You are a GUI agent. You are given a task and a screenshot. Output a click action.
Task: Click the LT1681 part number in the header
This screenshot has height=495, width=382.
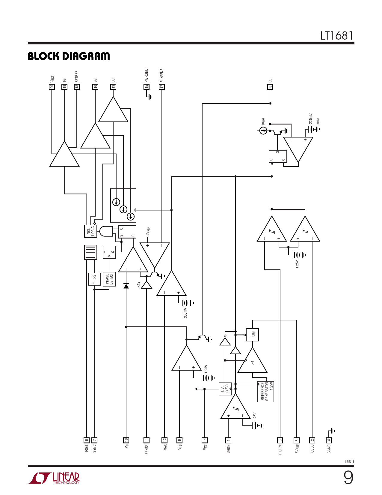[x=337, y=36]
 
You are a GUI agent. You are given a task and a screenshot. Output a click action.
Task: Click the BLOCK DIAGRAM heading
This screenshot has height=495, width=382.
[x=69, y=56]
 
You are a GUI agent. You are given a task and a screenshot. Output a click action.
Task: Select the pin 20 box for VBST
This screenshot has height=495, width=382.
[x=52, y=87]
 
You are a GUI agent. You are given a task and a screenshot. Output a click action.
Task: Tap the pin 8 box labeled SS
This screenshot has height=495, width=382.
[x=270, y=87]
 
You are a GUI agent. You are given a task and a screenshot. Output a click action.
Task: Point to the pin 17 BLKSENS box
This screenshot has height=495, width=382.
[x=162, y=87]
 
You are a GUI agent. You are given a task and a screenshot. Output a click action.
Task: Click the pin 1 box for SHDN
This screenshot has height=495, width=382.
[x=228, y=440]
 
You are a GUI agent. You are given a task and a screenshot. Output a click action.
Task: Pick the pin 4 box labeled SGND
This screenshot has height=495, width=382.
[x=329, y=440]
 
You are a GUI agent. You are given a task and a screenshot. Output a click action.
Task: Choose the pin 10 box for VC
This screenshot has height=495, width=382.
[x=126, y=440]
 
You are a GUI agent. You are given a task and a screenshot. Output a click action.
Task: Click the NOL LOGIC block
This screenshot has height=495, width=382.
[x=90, y=231]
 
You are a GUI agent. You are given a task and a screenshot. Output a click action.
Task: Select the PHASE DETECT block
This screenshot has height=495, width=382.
[x=109, y=279]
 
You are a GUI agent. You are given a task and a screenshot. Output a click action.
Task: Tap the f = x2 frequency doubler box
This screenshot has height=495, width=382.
[x=94, y=279]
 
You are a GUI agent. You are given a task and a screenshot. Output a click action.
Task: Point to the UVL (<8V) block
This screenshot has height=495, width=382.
[x=225, y=389]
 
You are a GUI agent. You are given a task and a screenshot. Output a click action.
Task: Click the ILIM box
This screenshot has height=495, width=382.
[x=252, y=334]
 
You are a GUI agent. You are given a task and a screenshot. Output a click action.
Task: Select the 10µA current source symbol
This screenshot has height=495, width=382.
[x=263, y=130]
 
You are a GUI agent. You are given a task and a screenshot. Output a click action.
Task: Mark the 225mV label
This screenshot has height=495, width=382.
[x=311, y=118]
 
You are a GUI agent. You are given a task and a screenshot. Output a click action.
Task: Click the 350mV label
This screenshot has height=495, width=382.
[x=185, y=313]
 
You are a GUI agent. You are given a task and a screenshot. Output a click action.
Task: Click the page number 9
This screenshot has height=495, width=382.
[x=348, y=478]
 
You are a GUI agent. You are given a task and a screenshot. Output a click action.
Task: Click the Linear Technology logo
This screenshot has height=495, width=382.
[x=54, y=478]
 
